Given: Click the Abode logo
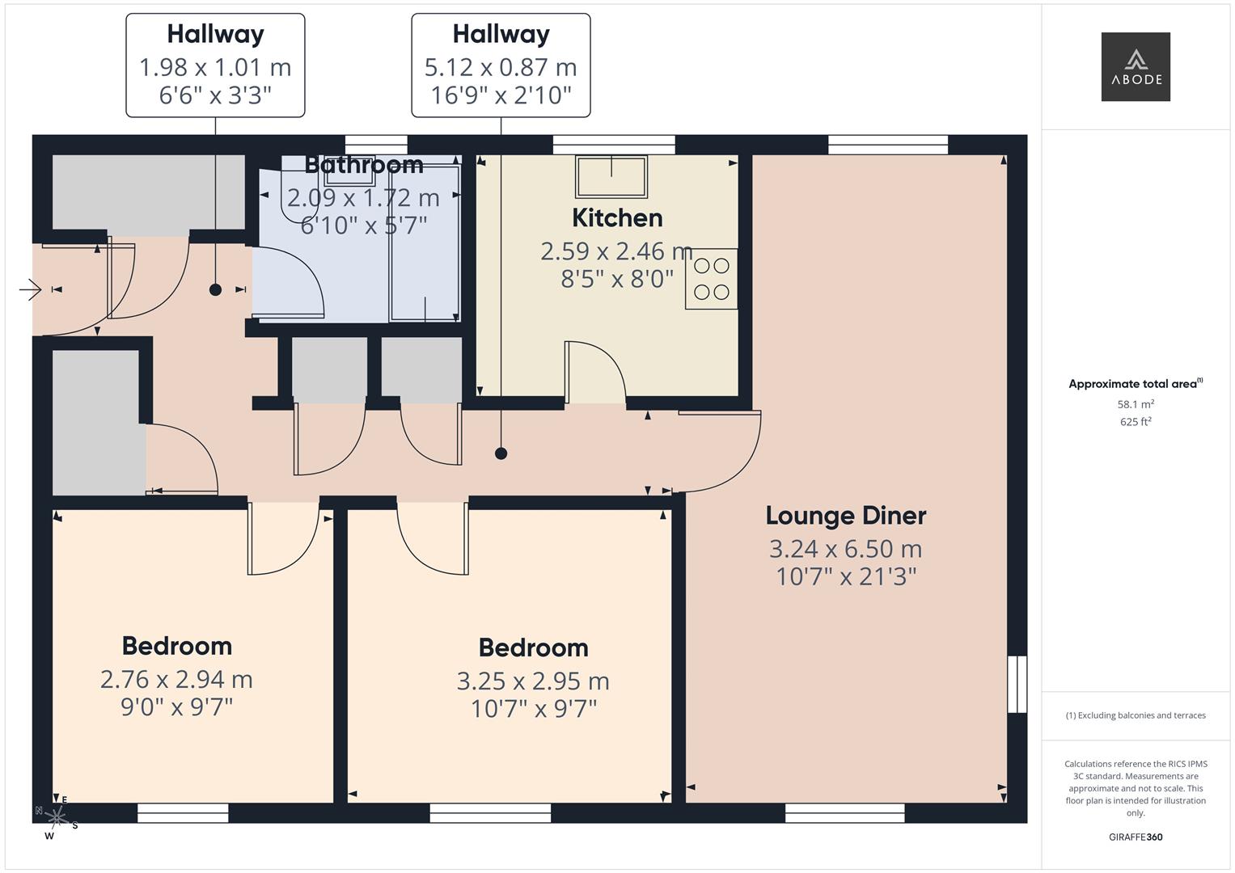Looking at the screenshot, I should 1136,66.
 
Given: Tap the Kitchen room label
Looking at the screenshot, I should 617,218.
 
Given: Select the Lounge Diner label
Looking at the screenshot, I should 845,516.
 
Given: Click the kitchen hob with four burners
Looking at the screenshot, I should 711,279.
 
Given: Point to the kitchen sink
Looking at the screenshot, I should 611,176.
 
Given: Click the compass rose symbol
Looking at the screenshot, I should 56,817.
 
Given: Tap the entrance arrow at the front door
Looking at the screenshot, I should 30,289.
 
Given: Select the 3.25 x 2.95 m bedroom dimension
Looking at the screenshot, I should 533,681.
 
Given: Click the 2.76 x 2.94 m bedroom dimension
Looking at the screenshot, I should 176,680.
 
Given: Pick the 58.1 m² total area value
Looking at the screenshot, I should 1136,404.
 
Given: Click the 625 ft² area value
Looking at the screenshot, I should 1136,422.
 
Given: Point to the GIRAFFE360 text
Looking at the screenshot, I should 1136,837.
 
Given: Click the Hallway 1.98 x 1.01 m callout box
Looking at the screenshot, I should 215,65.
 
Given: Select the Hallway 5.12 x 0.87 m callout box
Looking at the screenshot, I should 501,65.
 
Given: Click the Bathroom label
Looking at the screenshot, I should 363,165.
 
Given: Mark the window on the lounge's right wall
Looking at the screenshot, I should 1017,684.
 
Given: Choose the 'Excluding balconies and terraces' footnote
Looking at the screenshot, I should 1136,715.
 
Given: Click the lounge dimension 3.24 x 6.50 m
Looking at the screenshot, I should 845,550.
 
